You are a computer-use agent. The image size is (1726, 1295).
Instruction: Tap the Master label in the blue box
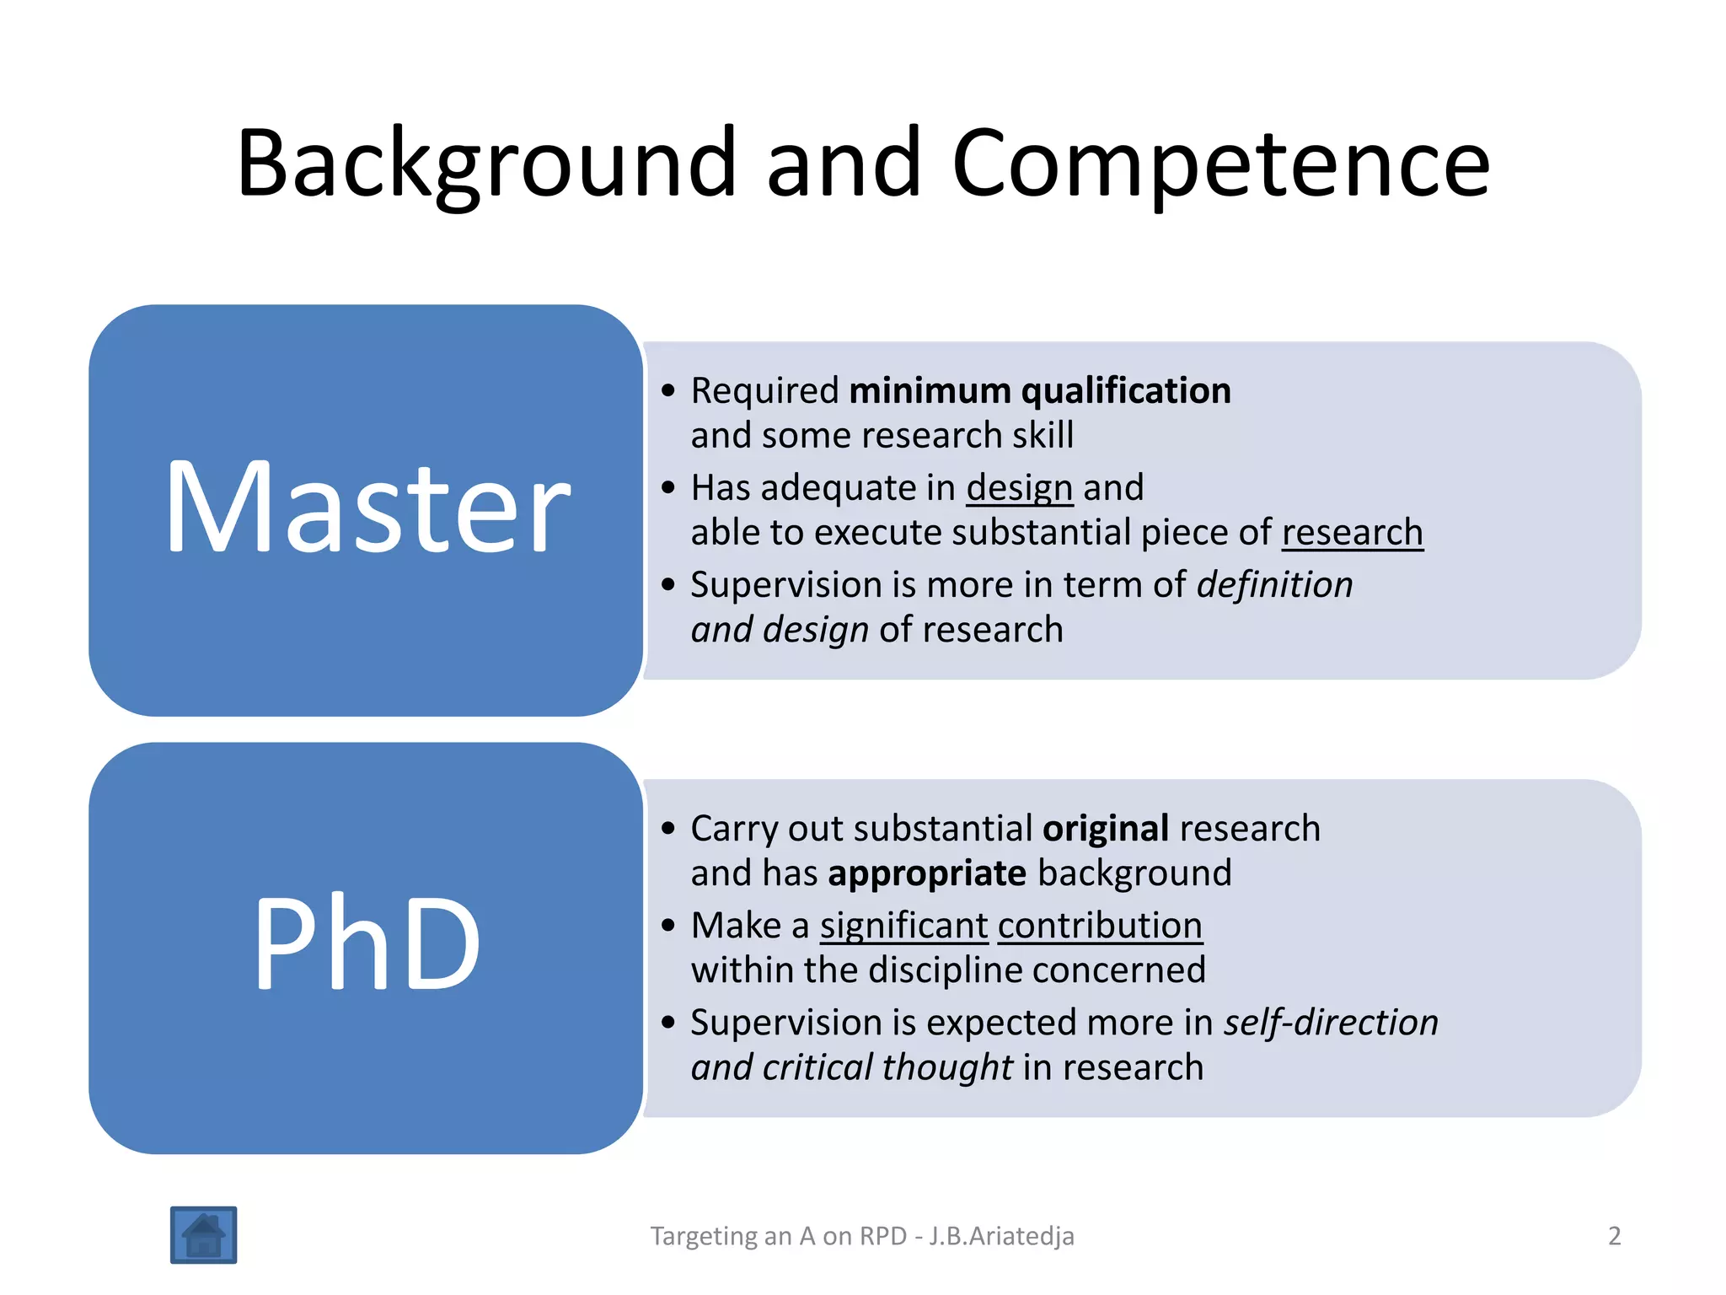pyautogui.click(x=367, y=508)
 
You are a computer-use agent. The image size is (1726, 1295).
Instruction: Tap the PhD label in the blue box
pyautogui.click(x=367, y=944)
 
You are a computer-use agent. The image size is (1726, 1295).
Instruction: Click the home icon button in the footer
pyautogui.click(x=203, y=1235)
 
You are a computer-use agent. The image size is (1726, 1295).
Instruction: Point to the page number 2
pyautogui.click(x=1614, y=1236)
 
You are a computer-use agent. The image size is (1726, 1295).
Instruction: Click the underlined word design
pyautogui.click(x=1019, y=488)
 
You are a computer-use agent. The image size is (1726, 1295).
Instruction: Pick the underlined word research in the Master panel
pyautogui.click(x=1352, y=533)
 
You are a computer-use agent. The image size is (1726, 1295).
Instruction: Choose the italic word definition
pyautogui.click(x=1274, y=585)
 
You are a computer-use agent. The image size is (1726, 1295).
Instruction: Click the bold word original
pyautogui.click(x=1105, y=829)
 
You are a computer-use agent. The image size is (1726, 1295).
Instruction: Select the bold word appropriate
pyautogui.click(x=927, y=873)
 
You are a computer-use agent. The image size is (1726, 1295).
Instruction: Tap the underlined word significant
pyautogui.click(x=903, y=926)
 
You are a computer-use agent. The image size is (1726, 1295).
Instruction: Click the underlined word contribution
pyautogui.click(x=1100, y=926)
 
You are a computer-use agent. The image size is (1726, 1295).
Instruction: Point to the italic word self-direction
pyautogui.click(x=1331, y=1023)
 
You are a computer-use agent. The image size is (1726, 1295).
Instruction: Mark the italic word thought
pyautogui.click(x=947, y=1067)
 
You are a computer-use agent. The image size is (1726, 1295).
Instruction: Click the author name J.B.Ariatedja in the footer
pyautogui.click(x=1001, y=1236)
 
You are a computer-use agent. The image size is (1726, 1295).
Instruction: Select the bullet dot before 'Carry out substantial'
pyautogui.click(x=669, y=829)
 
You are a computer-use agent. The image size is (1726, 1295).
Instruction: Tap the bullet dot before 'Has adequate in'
pyautogui.click(x=669, y=488)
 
